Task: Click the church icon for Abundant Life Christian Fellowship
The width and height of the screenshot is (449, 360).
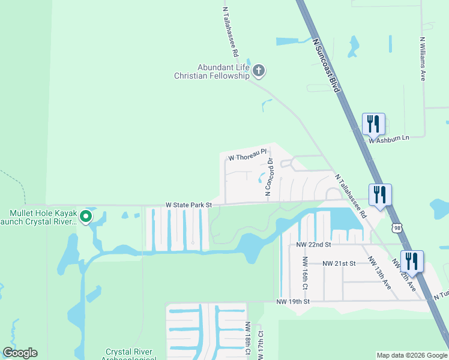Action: click(x=259, y=71)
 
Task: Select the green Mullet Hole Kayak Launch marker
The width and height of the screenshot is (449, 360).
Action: click(x=86, y=217)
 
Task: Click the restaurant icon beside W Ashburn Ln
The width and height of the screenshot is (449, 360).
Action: click(x=373, y=124)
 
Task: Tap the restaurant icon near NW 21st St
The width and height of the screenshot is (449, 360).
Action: click(x=412, y=261)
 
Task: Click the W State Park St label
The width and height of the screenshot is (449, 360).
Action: click(x=189, y=205)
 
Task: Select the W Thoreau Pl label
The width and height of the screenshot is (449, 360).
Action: click(x=247, y=156)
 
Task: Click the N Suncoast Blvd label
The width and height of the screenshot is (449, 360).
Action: click(x=327, y=65)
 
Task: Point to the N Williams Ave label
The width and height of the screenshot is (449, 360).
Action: click(x=423, y=59)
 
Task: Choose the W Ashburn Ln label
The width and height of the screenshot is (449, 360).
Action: click(x=388, y=139)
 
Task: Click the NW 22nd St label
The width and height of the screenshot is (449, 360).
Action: click(x=313, y=245)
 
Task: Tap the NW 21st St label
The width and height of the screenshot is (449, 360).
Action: click(x=339, y=263)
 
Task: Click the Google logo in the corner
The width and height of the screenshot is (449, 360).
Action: click(x=20, y=353)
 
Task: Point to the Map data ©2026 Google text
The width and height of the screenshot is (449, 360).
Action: click(x=412, y=355)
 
